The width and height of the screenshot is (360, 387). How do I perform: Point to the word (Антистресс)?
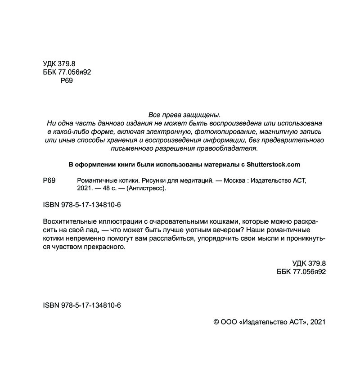point(147,189)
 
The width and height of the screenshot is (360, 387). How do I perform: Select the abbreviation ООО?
point(230,322)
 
